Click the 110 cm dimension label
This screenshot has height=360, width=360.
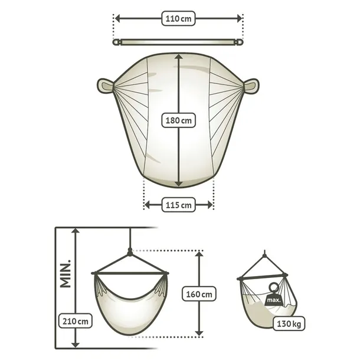[178, 18]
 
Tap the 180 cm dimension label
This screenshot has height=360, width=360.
[179, 120]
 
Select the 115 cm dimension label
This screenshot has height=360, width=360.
[179, 205]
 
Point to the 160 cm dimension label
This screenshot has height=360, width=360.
[199, 294]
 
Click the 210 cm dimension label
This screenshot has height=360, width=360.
[76, 321]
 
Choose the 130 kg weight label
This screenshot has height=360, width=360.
[289, 324]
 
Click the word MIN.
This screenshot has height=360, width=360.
[65, 274]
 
